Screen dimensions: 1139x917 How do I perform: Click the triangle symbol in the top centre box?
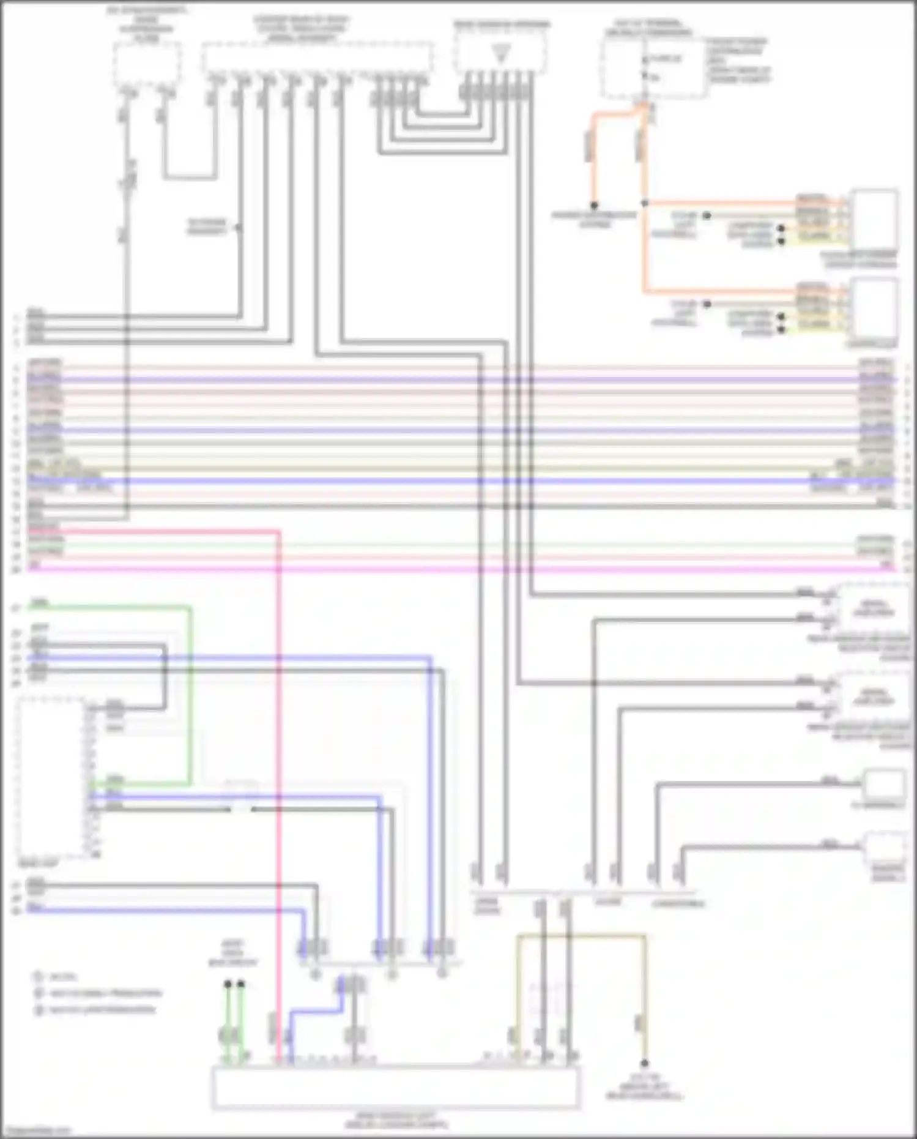(501, 54)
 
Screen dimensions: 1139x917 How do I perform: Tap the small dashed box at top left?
(147, 63)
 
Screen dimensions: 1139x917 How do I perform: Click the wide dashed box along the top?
(317, 58)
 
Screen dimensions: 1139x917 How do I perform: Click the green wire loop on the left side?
(190, 692)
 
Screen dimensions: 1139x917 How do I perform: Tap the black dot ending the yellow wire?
(644, 1064)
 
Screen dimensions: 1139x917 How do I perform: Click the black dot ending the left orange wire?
(593, 205)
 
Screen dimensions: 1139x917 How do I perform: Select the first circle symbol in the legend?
(39, 977)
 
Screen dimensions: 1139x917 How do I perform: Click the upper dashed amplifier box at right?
(873, 608)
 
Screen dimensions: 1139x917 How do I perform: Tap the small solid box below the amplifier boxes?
(883, 785)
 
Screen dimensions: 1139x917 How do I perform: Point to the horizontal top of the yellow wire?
(581, 936)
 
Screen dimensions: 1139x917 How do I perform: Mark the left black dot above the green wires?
(228, 984)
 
